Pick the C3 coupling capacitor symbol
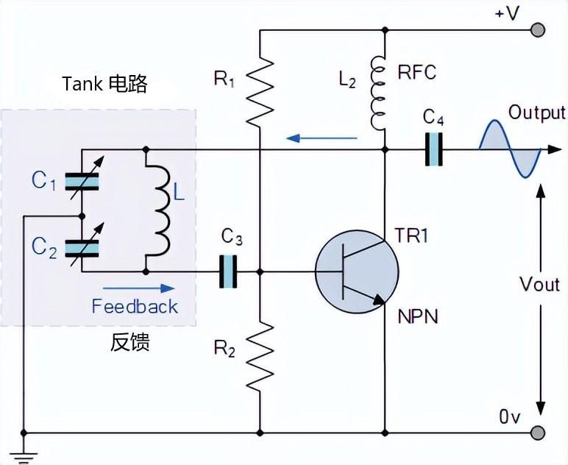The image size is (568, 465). pos(231,271)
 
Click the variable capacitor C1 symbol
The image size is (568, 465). pos(82,180)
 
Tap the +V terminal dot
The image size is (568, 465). pos(539,29)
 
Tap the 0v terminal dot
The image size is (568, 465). pos(539,433)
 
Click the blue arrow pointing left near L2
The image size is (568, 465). pos(322,137)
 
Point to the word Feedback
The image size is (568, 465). pos(135,306)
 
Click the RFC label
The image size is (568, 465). pos(416,72)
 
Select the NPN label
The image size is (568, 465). pos(418,317)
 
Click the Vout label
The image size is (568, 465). pos(539,284)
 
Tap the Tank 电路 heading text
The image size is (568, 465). pos(104,83)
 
